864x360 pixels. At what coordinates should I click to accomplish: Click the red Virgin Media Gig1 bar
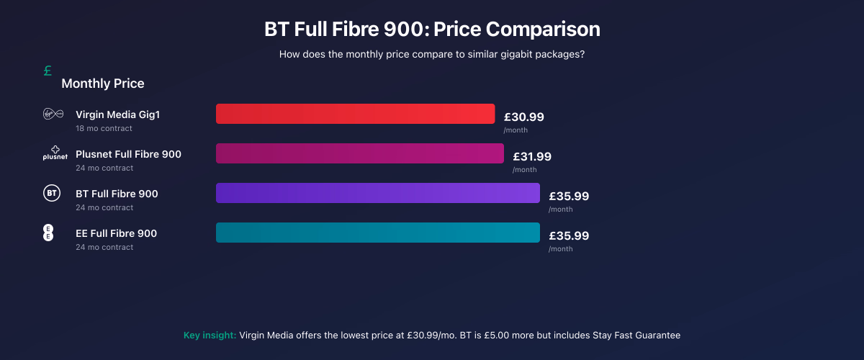coord(355,114)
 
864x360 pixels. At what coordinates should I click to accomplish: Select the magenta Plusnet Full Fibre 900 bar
coord(359,153)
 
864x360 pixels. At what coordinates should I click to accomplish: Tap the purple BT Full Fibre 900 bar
coord(377,193)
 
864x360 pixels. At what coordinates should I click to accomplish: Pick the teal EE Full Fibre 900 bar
coord(377,233)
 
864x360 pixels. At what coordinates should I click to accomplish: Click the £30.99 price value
coord(523,117)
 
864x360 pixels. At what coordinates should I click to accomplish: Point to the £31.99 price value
coord(532,156)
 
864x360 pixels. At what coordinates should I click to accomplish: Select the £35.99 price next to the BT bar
coord(569,196)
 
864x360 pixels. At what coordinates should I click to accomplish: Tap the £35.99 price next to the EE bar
coord(569,235)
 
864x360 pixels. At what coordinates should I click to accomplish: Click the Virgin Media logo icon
coord(54,114)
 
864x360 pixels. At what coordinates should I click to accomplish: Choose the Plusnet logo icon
coord(55,153)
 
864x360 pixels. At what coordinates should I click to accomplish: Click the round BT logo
coord(52,193)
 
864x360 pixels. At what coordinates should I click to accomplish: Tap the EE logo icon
coord(49,233)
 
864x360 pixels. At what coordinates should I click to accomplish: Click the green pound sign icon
coord(48,71)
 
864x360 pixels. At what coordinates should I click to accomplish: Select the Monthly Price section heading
coord(103,84)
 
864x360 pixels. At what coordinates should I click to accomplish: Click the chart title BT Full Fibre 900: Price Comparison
coord(432,30)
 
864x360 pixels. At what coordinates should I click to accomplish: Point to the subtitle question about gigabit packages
coord(432,54)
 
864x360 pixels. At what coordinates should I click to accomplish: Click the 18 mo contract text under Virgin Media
coord(104,128)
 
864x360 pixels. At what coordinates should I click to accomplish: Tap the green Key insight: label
coord(210,335)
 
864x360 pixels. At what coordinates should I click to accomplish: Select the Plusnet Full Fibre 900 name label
coord(128,154)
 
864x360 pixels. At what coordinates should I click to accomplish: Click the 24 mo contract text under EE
coord(104,247)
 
